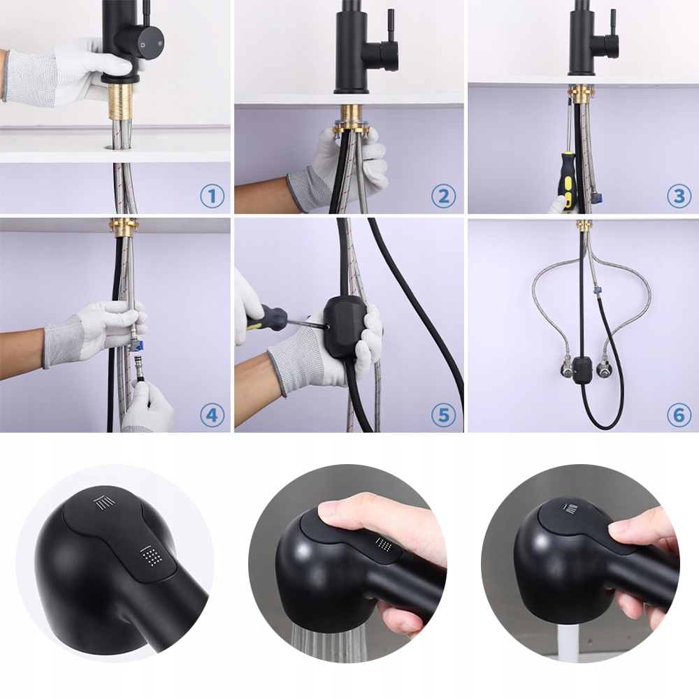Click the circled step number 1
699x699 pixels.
click(212, 196)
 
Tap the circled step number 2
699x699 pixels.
click(444, 196)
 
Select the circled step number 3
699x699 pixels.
click(679, 196)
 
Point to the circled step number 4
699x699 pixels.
click(212, 415)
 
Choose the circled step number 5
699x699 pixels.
click(444, 415)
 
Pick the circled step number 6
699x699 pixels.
click(679, 415)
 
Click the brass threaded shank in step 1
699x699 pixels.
click(122, 101)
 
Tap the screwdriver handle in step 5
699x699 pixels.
click(266, 317)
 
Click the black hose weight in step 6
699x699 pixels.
click(582, 368)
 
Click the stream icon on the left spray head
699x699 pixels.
click(104, 503)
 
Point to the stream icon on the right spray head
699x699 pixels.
click(572, 507)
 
